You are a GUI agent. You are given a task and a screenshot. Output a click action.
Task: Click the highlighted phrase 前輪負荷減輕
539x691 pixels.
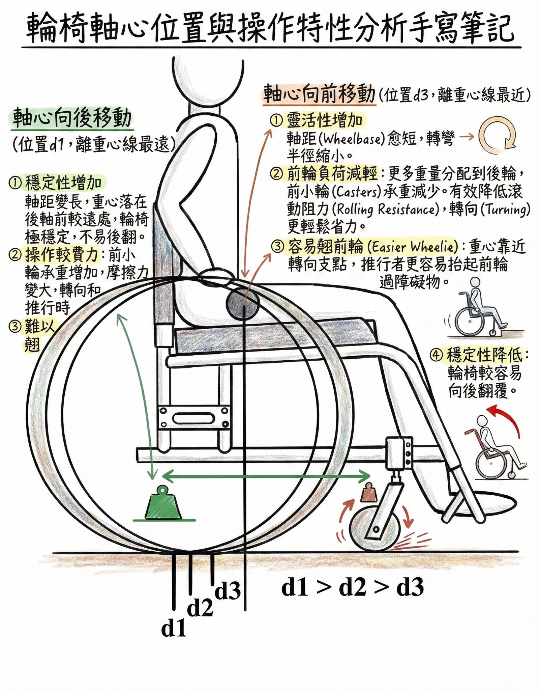tap(332, 174)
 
